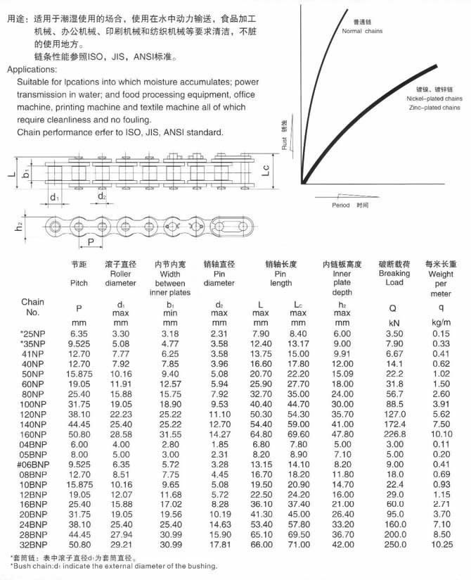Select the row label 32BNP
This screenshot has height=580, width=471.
[32, 544]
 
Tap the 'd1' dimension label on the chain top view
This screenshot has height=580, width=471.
[54, 198]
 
